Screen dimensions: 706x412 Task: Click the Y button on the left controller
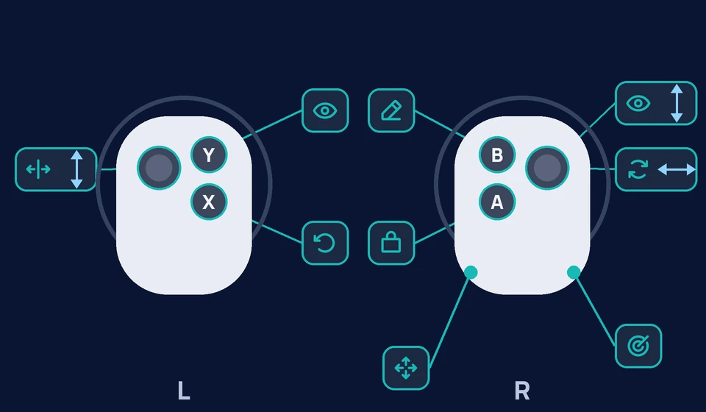pos(209,155)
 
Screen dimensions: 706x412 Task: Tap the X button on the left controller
pos(209,202)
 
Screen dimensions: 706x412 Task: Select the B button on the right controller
pos(497,155)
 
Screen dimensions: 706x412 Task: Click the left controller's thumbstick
pos(159,168)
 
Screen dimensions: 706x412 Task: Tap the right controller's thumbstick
pos(547,168)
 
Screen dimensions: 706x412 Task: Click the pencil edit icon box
pos(391,111)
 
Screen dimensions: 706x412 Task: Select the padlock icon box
pos(391,243)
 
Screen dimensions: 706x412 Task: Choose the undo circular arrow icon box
pos(325,243)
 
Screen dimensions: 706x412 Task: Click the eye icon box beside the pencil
pos(325,111)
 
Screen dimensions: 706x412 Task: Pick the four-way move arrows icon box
pos(406,368)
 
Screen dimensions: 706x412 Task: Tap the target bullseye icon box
pos(638,346)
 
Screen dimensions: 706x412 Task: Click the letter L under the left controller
pos(184,391)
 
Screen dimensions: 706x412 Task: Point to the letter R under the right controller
pos(522,391)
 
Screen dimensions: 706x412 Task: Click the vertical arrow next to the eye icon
pos(677,104)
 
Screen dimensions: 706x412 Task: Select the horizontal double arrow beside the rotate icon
pos(677,170)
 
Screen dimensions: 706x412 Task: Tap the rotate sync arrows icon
pos(638,170)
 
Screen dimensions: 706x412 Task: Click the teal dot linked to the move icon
pos(471,272)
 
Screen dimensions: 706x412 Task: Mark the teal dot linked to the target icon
pos(574,272)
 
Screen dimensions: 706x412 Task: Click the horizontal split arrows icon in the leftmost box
pos(38,169)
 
